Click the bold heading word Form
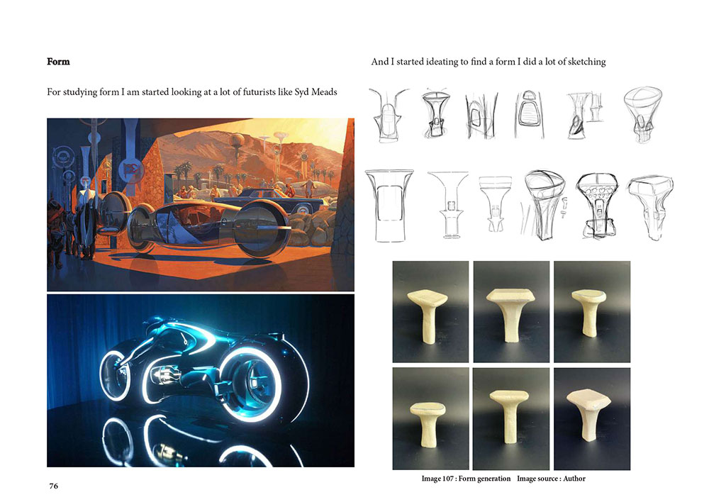[58, 62]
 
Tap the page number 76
[53, 486]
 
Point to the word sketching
[586, 62]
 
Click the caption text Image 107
[438, 479]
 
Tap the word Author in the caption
[574, 479]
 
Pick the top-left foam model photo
[430, 311]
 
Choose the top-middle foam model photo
[511, 311]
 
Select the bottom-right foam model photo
[592, 419]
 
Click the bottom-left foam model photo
[430, 419]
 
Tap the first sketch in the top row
[388, 115]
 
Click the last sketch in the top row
[643, 114]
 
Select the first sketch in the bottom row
[389, 206]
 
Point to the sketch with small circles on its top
[597, 205]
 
